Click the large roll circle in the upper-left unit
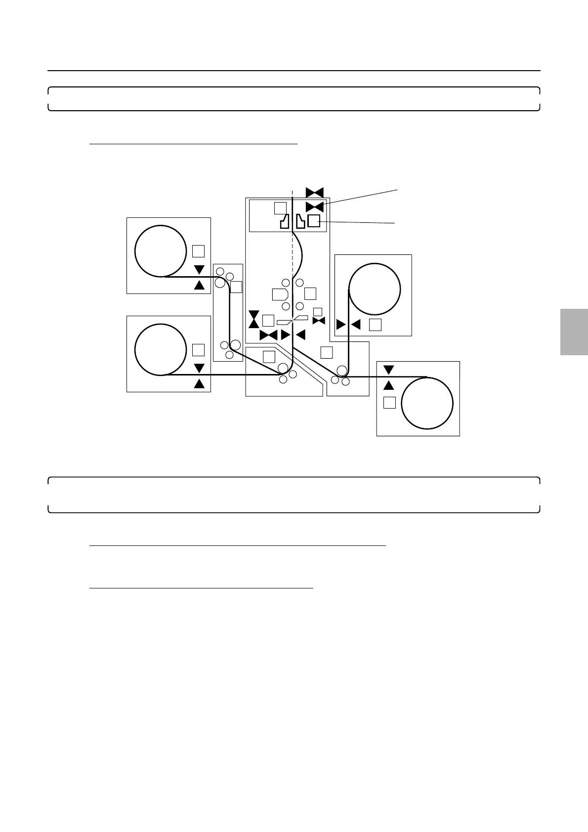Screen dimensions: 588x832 (x=158, y=250)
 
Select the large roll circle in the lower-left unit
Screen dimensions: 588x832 (x=158, y=349)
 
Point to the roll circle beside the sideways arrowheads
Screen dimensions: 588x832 (x=375, y=289)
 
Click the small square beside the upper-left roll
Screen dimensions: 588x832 (x=198, y=251)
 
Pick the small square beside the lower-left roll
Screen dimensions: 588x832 (x=198, y=350)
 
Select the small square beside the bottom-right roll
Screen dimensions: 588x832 (x=389, y=402)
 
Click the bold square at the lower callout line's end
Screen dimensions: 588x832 (x=314, y=221)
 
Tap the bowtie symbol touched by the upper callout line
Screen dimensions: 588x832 (x=314, y=207)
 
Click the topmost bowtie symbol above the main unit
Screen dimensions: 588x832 (x=314, y=192)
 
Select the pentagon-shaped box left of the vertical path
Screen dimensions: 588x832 (x=280, y=293)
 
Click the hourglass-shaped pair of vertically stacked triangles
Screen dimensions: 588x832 (x=253, y=319)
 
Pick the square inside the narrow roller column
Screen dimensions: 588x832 (x=236, y=287)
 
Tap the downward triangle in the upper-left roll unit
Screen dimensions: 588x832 (x=199, y=270)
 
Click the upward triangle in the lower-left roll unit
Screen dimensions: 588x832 (x=199, y=383)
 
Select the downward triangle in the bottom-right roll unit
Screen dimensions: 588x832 (x=389, y=370)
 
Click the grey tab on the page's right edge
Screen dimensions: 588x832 (x=574, y=332)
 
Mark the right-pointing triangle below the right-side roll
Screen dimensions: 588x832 (x=341, y=325)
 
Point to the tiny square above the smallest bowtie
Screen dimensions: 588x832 (x=318, y=311)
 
